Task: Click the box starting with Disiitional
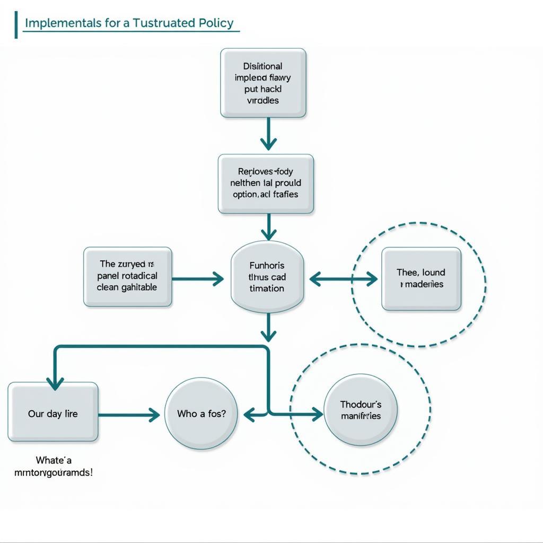coord(263,83)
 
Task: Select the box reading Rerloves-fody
coord(266,183)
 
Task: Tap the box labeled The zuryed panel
coord(128,276)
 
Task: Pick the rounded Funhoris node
coord(267,276)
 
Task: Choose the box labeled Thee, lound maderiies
coord(421,278)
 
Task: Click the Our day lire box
coord(53,412)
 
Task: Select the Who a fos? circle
coord(201,414)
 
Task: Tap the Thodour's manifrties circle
coord(361,410)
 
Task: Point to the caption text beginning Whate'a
coord(53,466)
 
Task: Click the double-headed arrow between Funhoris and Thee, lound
coord(343,279)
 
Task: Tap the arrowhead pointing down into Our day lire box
coord(55,383)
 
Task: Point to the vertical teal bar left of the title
coord(16,25)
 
